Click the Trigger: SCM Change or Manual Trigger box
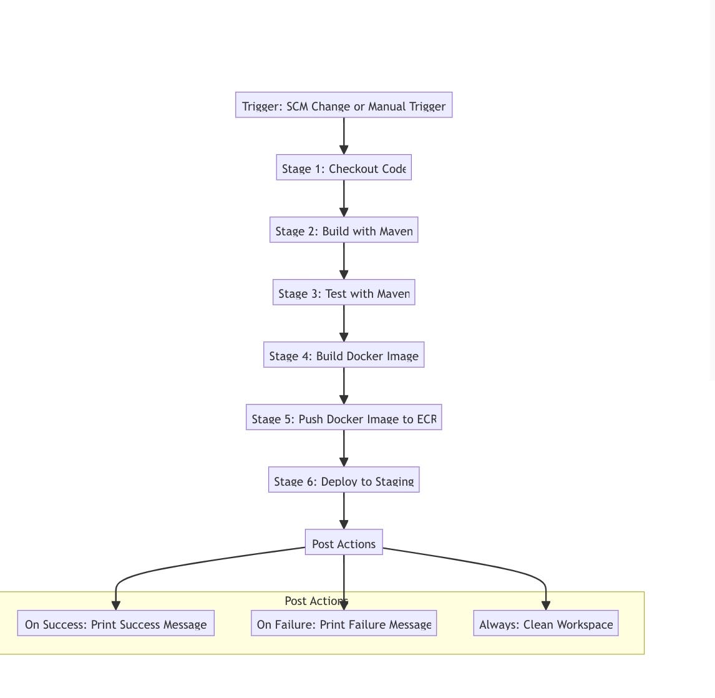(x=344, y=106)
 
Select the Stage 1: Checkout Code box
(x=344, y=168)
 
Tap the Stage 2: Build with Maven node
(x=344, y=230)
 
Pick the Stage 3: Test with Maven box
(x=344, y=293)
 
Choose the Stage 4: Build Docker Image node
(x=344, y=355)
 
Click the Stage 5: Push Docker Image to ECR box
(x=344, y=418)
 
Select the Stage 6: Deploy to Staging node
(x=344, y=480)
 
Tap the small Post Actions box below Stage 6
(x=344, y=543)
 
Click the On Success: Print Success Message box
(x=116, y=624)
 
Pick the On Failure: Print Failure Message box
(x=344, y=624)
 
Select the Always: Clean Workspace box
(x=546, y=624)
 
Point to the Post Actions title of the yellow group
(x=312, y=601)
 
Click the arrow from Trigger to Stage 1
(x=344, y=134)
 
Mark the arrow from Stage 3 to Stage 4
(x=344, y=322)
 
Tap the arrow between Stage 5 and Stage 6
(x=344, y=446)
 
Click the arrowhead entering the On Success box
(x=116, y=605)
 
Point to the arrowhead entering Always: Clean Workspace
(x=546, y=605)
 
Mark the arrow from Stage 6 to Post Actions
(x=344, y=509)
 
